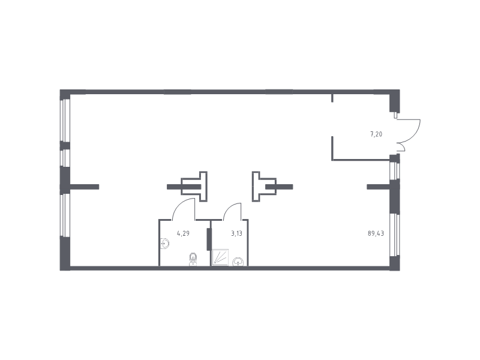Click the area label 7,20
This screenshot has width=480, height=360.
[376, 134]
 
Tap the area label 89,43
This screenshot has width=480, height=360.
[376, 233]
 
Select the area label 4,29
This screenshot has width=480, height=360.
[183, 233]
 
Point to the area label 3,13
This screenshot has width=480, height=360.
[236, 233]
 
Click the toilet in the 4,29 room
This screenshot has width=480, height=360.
[193, 260]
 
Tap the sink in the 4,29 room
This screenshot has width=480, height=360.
[164, 244]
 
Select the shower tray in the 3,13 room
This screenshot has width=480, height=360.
[220, 257]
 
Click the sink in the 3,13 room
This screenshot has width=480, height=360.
[238, 262]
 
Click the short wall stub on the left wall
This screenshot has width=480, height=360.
[85, 187]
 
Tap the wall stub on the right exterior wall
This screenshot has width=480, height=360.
[379, 187]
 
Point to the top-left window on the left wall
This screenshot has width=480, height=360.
[65, 121]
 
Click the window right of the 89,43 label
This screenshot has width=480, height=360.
[395, 235]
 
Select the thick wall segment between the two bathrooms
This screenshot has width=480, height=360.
[209, 239]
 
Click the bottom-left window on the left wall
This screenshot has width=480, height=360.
[65, 215]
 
